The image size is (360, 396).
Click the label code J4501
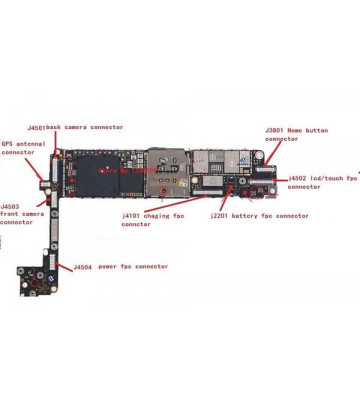click(36, 127)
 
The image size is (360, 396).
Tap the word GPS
click(8, 143)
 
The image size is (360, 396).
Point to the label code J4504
click(83, 267)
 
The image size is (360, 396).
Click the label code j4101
click(133, 216)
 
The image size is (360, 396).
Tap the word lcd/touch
click(327, 177)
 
